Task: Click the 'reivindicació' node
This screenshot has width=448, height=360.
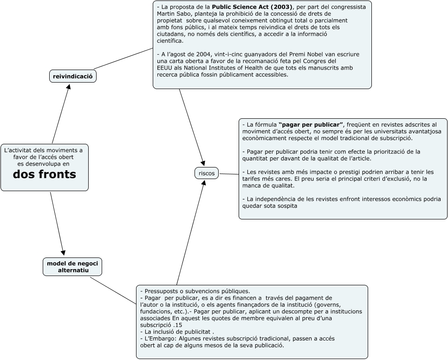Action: pyautogui.click(x=72, y=76)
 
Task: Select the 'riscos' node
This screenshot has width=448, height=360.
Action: pyautogui.click(x=207, y=173)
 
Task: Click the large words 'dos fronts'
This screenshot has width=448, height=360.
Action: pyautogui.click(x=44, y=174)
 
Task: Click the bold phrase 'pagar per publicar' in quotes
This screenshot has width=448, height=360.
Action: pyautogui.click(x=311, y=124)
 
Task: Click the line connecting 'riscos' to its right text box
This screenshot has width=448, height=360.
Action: pyautogui.click(x=228, y=174)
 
